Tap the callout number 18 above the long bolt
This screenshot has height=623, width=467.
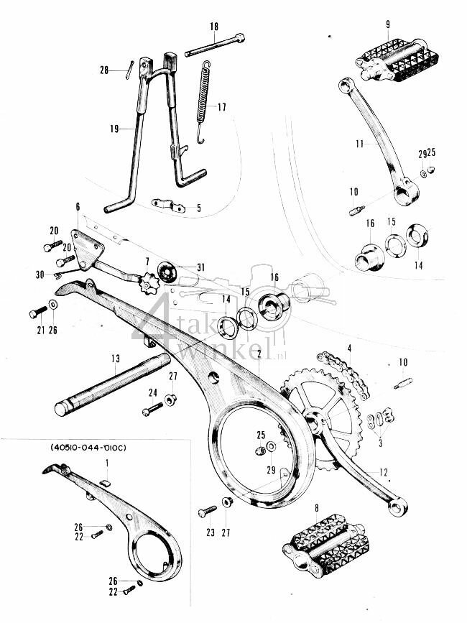coord(213,27)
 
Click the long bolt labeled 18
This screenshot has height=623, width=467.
coord(215,45)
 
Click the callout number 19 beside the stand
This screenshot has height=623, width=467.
coord(114,129)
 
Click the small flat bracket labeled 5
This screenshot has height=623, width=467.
coord(168,206)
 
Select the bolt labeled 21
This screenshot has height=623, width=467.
coord(38,313)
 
